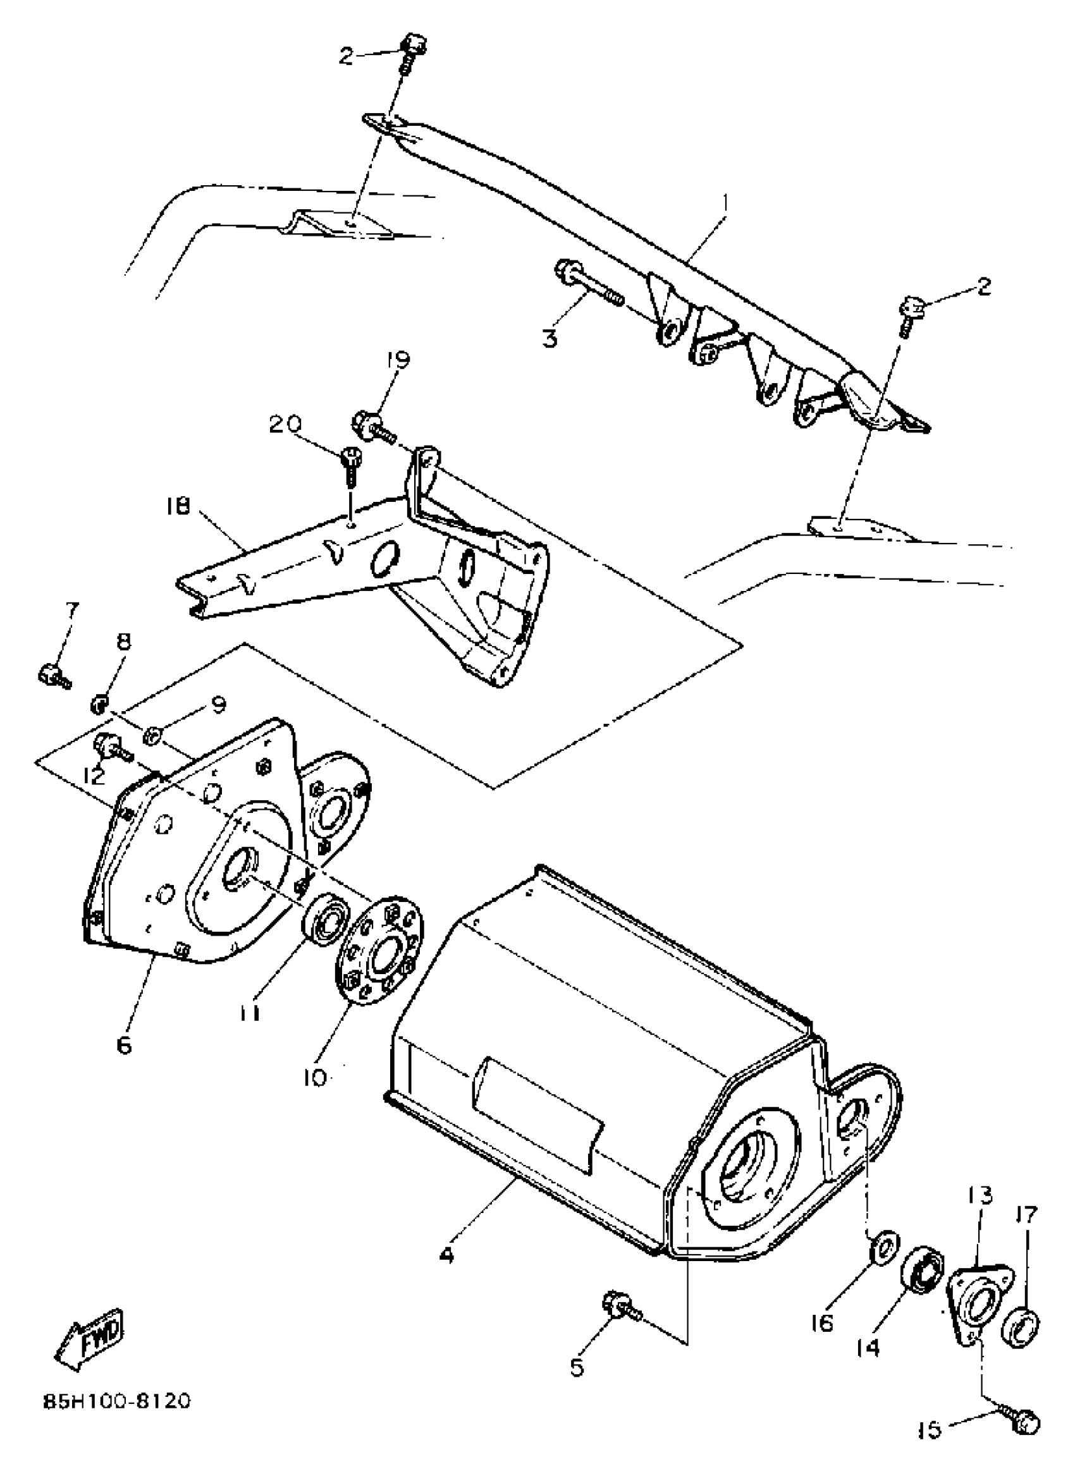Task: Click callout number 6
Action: pyautogui.click(x=124, y=1045)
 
